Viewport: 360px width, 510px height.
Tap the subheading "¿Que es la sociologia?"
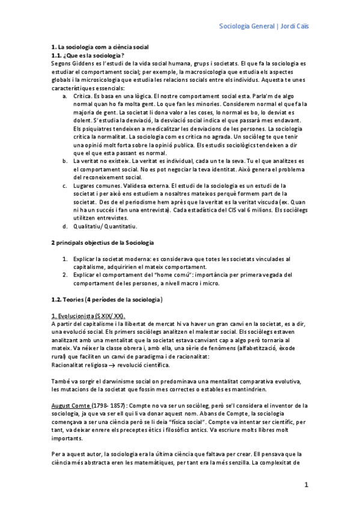94,55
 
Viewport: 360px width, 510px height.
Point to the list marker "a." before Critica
64,96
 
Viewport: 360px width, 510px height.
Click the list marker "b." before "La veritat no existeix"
64,162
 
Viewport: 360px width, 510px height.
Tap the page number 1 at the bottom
306,484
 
